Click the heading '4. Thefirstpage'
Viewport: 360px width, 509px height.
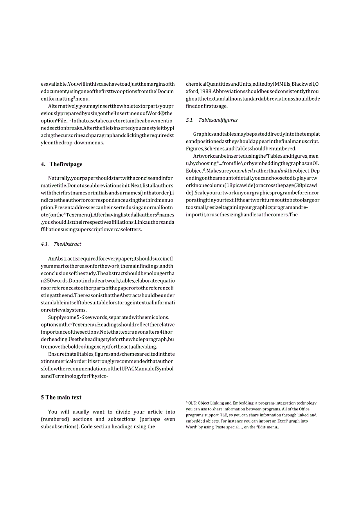pos(61,164)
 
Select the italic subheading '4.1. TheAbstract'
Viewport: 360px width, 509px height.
pos(61,244)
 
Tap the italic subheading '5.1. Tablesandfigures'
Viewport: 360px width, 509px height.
pos(212,120)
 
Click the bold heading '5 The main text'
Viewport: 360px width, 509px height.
pos(61,397)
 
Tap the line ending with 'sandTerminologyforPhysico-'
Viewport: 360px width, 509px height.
pos(74,376)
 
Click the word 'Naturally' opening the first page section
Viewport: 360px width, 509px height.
pos(59,178)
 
